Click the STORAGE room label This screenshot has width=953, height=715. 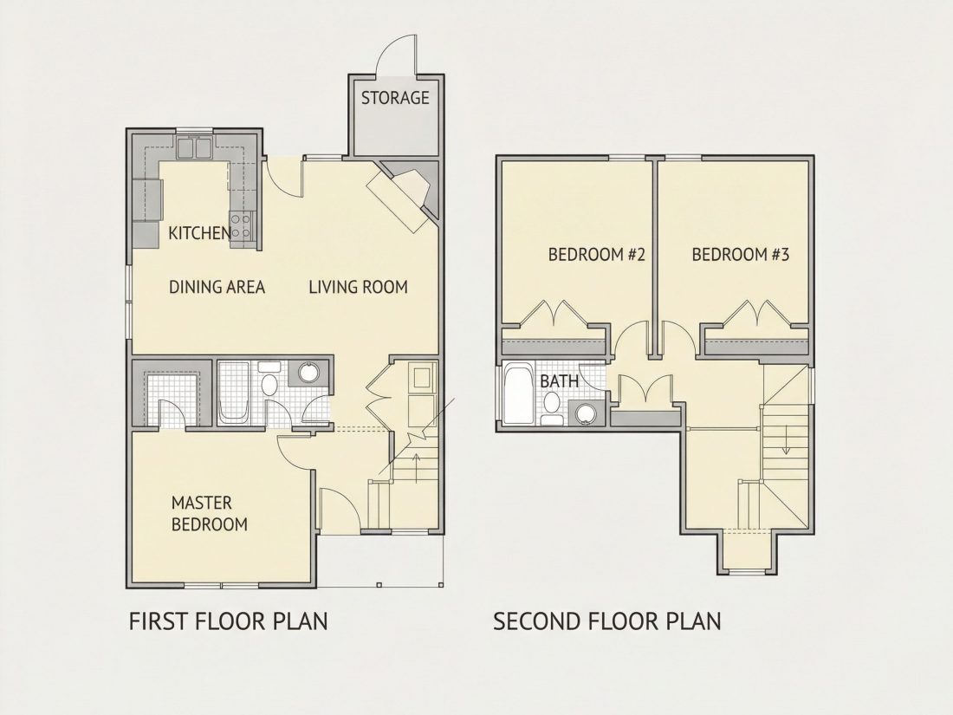(395, 98)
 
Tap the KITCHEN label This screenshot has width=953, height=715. (199, 233)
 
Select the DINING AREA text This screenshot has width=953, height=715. (217, 287)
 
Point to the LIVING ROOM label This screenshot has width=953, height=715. (358, 287)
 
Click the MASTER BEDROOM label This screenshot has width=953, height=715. (210, 514)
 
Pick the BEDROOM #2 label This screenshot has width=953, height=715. (596, 254)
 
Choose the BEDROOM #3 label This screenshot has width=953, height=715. (740, 254)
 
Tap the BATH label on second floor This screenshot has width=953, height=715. (559, 382)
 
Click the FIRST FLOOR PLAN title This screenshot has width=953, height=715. (229, 621)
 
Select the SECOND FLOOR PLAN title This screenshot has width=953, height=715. (607, 621)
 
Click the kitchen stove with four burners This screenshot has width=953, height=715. (242, 225)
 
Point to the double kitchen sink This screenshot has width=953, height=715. (194, 146)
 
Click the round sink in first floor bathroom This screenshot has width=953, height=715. (309, 372)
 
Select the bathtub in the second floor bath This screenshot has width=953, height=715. (518, 394)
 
